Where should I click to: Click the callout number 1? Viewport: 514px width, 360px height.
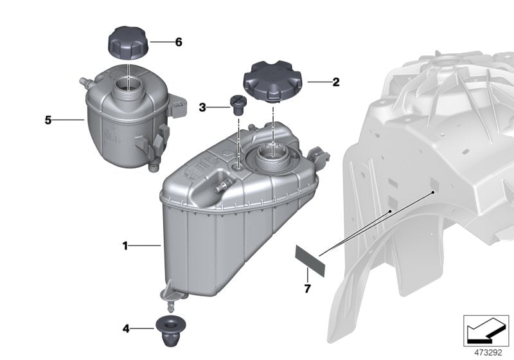127,246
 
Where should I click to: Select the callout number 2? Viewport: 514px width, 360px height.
335,82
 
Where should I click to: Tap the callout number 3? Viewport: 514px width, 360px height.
202,107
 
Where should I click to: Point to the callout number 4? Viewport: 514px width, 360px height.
127,329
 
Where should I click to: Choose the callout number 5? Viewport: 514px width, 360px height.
48,120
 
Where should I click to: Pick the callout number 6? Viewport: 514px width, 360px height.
179,42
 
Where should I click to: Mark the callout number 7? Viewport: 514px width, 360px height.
307,289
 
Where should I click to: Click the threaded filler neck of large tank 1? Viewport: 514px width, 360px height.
274,157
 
